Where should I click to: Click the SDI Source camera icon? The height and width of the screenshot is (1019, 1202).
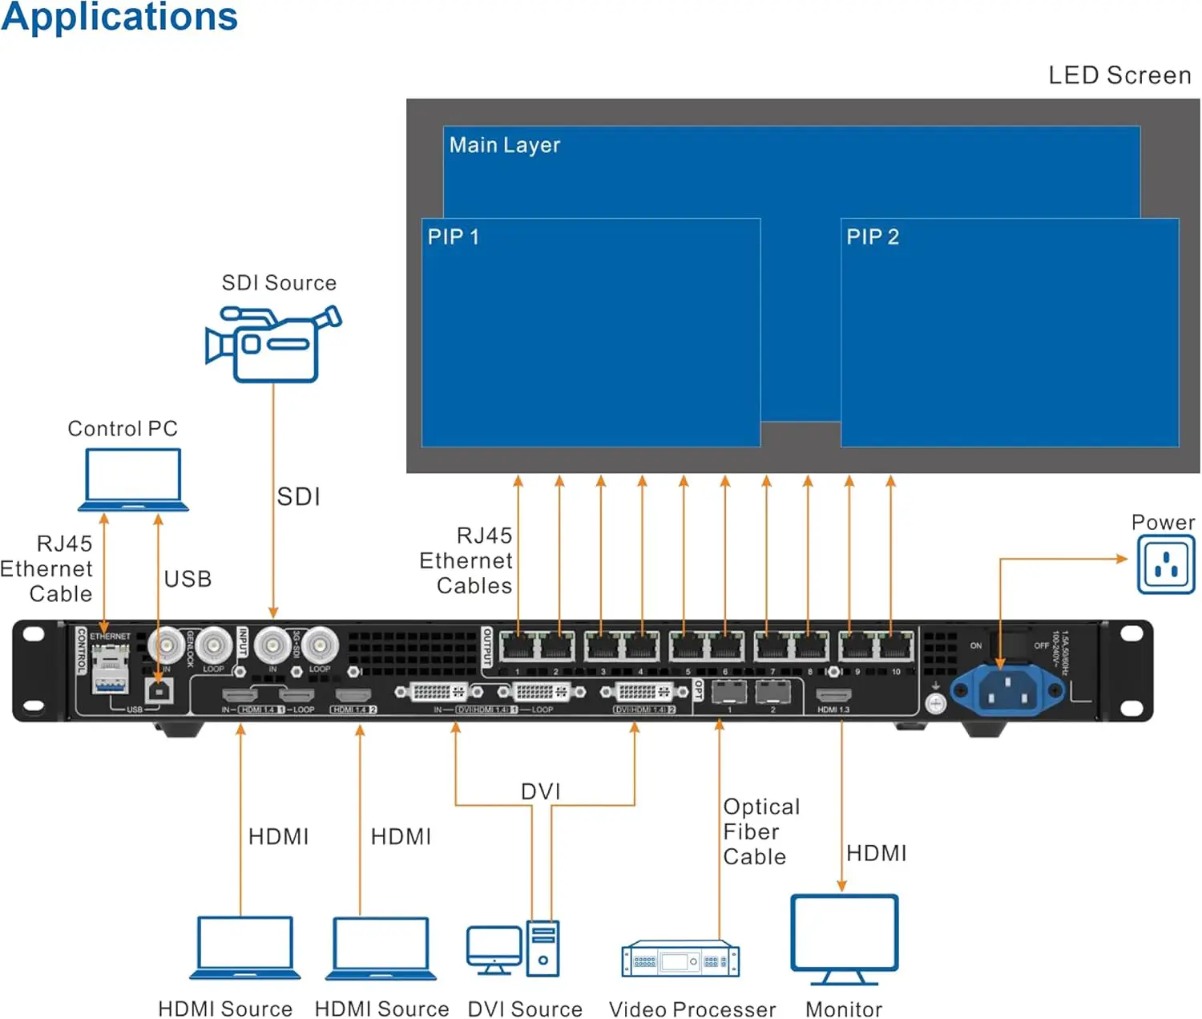(x=272, y=345)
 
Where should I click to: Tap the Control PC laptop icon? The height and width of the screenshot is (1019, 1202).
(x=133, y=479)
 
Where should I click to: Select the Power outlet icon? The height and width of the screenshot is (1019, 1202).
(x=1166, y=565)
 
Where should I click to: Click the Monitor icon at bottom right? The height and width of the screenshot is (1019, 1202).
(x=844, y=938)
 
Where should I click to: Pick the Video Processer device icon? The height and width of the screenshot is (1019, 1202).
(x=680, y=960)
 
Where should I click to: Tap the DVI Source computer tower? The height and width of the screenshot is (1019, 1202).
(x=543, y=948)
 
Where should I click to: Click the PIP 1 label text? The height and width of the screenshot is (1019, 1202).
(x=453, y=237)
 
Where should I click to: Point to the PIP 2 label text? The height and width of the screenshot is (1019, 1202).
(x=873, y=237)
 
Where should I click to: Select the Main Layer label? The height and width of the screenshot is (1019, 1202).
(x=504, y=145)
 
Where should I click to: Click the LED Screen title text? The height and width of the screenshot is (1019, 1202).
(x=1119, y=75)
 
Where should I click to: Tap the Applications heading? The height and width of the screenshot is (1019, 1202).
(x=119, y=18)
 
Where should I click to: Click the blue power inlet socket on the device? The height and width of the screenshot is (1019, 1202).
(x=1006, y=690)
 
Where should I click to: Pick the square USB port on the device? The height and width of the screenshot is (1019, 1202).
(x=159, y=689)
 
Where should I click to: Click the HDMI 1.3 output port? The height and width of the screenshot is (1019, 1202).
(x=833, y=694)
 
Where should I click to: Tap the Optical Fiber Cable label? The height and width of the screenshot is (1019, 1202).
(x=760, y=831)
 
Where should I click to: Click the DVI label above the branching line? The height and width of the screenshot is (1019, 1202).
(x=541, y=792)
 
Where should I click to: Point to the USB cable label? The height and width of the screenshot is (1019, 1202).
(x=188, y=579)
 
